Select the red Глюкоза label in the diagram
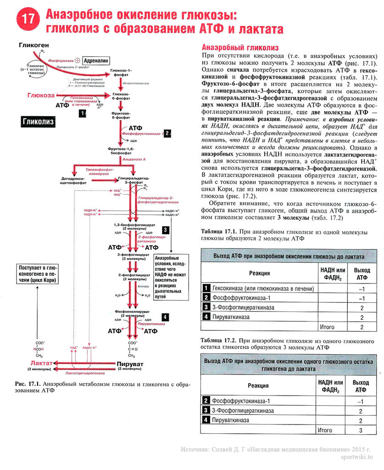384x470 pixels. point(41,95)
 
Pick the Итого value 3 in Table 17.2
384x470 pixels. point(361,430)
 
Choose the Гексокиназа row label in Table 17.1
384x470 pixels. point(263,289)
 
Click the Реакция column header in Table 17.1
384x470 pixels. point(259,273)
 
